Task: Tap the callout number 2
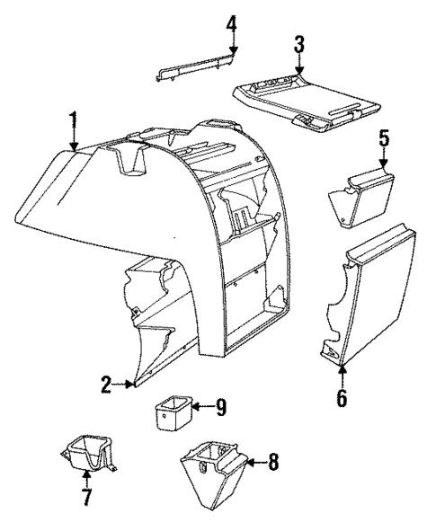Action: tap(107, 385)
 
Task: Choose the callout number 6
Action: tap(342, 397)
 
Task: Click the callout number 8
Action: tap(273, 463)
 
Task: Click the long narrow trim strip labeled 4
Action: tap(197, 68)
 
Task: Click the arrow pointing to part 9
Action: tap(202, 406)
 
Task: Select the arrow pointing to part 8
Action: tap(254, 463)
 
